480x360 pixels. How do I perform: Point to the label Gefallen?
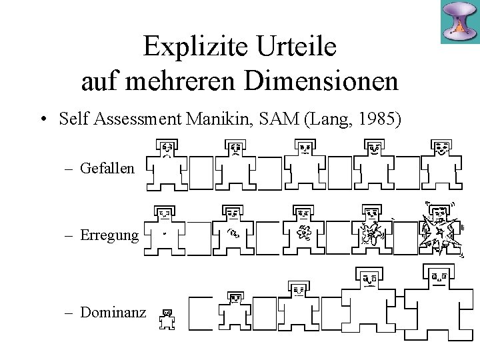(107, 169)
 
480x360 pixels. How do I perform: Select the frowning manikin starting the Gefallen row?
(167, 165)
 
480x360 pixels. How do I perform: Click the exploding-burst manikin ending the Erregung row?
(441, 231)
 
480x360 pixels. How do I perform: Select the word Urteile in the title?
(296, 47)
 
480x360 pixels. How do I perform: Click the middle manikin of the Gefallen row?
(304, 165)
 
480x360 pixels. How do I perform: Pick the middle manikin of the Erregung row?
(304, 231)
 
